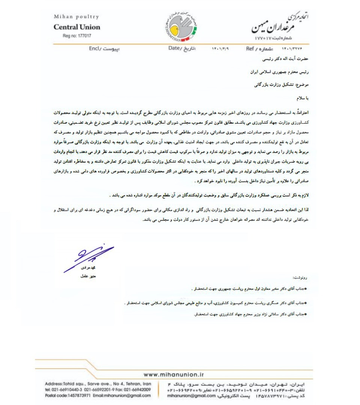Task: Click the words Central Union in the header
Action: pos(77,27)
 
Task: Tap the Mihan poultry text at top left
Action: pos(77,17)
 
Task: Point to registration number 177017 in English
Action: pos(77,36)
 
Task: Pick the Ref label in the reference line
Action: pos(250,49)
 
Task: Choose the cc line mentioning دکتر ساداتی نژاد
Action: pos(251,314)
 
